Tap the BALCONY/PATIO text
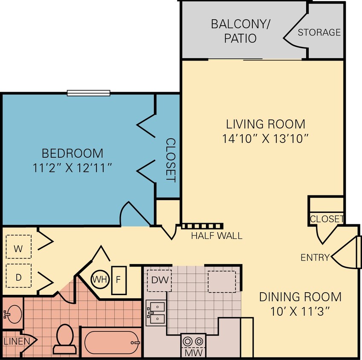tap(241, 31)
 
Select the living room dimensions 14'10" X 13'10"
tap(265, 139)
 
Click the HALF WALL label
tap(216, 235)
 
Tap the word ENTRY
tap(315, 257)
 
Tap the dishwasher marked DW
tap(159, 281)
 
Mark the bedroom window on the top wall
tap(89, 93)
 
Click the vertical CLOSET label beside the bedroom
tap(170, 160)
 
